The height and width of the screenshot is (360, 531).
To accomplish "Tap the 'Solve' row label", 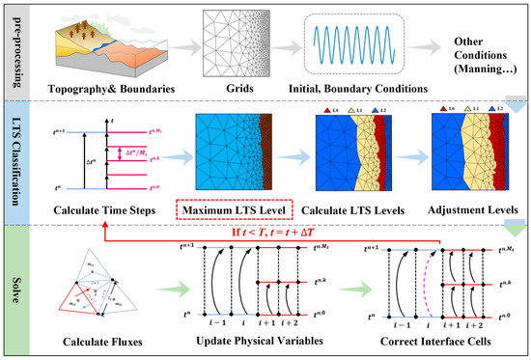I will (x=14, y=290).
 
